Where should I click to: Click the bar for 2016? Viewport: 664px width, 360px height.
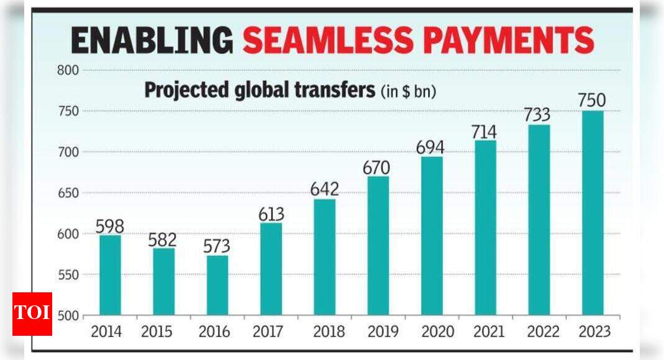click(x=217, y=285)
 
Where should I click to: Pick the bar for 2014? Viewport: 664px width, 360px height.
click(x=110, y=274)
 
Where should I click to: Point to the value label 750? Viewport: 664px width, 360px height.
click(x=592, y=101)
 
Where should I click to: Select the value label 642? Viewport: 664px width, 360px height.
click(x=324, y=189)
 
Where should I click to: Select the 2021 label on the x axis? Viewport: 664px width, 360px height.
click(x=485, y=332)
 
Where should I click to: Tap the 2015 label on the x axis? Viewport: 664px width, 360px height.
click(x=157, y=332)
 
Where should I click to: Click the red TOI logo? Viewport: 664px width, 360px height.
click(x=32, y=313)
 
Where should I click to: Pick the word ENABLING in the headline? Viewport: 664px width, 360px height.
click(x=152, y=41)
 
